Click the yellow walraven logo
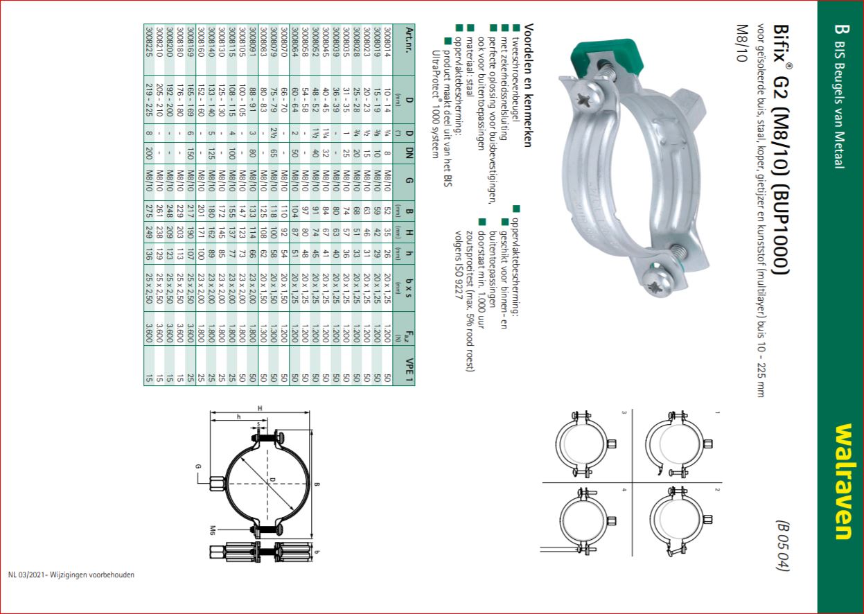coord(843,482)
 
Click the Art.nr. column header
coord(409,42)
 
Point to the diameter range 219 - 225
coord(149,100)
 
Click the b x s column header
coord(409,288)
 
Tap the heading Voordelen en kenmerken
coord(529,85)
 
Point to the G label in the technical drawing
coord(198,466)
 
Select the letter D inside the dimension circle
coord(272,480)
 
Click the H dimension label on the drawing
coord(260,409)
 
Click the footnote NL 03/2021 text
coord(71,574)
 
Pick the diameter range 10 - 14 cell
coord(387,100)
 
